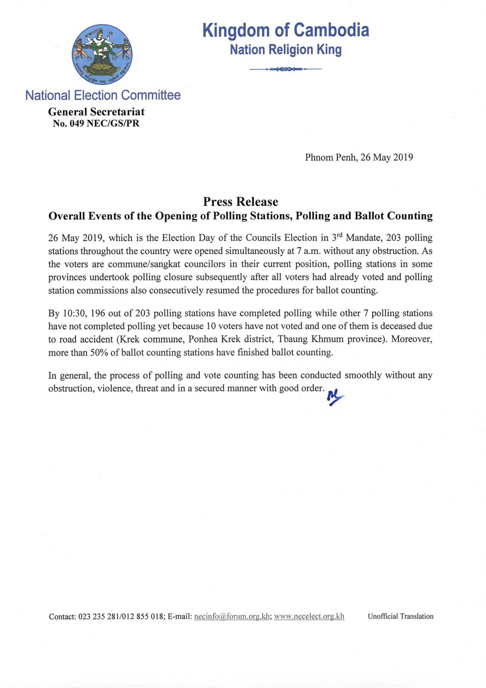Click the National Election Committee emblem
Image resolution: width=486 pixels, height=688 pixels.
[x=102, y=54]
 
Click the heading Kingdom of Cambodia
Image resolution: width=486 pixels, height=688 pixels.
[x=286, y=30]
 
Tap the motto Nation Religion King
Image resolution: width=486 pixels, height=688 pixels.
[x=286, y=50]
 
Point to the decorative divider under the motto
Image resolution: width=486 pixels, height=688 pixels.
[x=286, y=69]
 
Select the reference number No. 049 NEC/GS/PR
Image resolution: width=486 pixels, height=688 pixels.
[x=96, y=123]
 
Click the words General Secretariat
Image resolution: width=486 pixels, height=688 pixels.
[x=96, y=112]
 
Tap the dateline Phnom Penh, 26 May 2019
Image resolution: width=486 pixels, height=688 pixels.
[x=359, y=157]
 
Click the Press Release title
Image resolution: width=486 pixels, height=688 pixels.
[x=240, y=202]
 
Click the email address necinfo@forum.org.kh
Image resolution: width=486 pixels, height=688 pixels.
[x=232, y=616]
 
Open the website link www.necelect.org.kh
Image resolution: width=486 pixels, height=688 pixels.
[x=309, y=616]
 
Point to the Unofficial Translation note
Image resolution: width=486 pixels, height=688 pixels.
[x=400, y=616]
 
